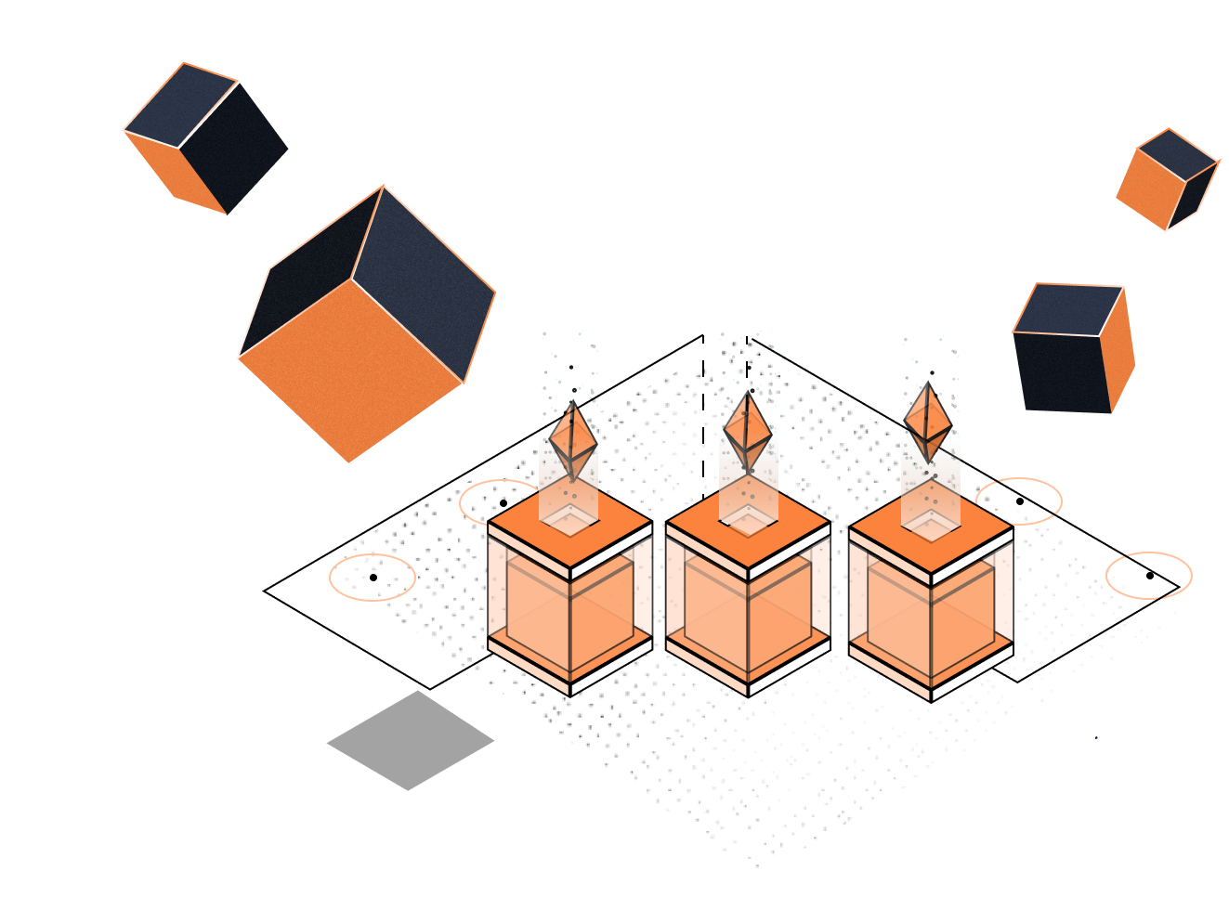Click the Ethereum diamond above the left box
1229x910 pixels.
point(572,440)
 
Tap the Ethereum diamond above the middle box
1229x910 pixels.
point(748,430)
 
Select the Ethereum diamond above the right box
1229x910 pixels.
point(928,422)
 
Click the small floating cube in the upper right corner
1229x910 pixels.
point(1167,180)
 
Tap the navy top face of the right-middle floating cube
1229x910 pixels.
point(1068,309)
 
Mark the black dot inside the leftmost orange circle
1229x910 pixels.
point(373,578)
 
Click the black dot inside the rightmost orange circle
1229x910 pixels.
point(1149,576)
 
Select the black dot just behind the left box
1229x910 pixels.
point(503,503)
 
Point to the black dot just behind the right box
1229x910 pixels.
point(1019,501)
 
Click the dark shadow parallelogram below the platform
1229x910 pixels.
point(409,743)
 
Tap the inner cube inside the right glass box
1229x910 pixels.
point(930,613)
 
